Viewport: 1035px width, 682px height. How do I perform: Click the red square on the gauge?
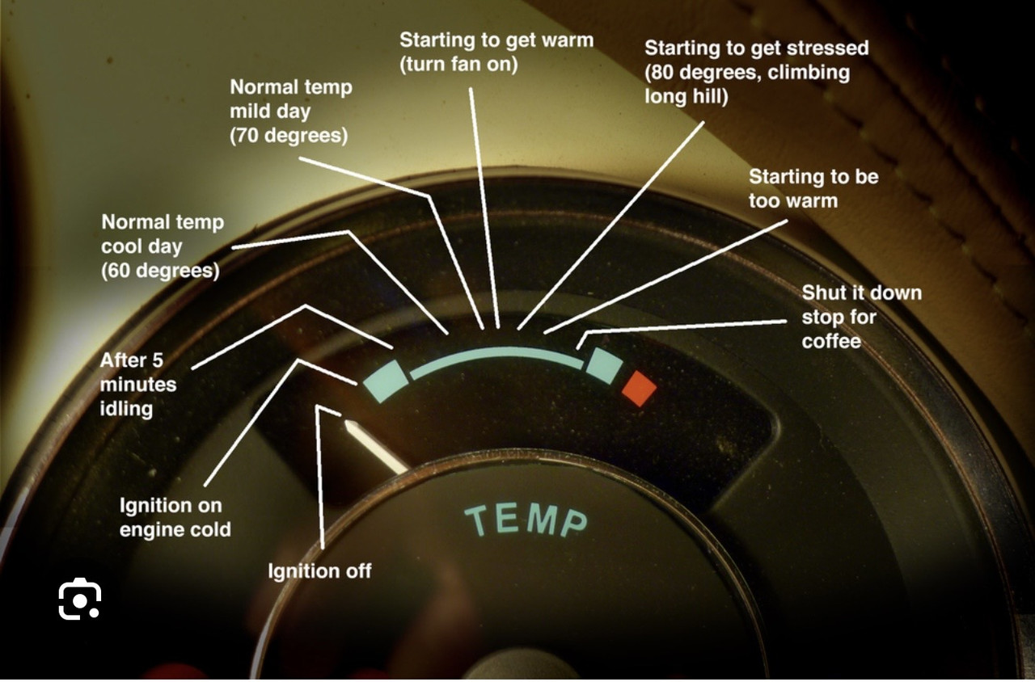point(639,388)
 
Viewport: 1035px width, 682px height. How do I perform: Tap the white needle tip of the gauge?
point(347,423)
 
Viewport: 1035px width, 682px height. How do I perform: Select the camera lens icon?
point(79,599)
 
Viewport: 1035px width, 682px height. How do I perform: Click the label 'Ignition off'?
point(319,571)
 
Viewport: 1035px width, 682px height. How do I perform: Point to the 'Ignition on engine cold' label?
point(175,517)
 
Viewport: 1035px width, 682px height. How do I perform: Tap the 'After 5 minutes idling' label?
point(138,384)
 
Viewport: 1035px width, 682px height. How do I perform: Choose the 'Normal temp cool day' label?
point(163,234)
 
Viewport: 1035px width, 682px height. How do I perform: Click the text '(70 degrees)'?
point(289,135)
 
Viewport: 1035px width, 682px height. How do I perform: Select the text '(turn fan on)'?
point(458,65)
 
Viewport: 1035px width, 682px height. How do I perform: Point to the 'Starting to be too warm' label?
point(813,188)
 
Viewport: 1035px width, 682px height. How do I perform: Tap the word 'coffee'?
point(831,341)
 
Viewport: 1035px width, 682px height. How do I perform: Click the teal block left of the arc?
point(386,381)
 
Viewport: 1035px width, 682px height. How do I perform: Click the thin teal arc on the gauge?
point(496,352)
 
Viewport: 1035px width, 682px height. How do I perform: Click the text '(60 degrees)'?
point(160,271)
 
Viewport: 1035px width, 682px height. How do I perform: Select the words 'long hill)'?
point(686,96)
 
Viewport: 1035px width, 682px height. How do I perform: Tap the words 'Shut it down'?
point(862,293)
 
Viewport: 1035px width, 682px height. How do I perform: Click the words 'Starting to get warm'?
point(496,40)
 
